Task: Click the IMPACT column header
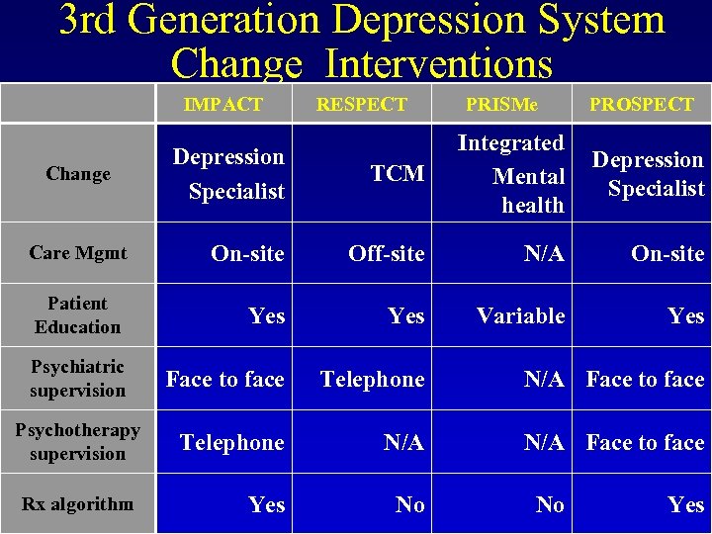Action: (x=223, y=104)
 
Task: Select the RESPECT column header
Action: (x=361, y=104)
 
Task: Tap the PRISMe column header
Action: (x=502, y=104)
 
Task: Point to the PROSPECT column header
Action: (x=642, y=104)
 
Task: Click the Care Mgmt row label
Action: (x=78, y=253)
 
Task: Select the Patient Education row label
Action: (x=77, y=315)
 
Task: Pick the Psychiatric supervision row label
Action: (x=77, y=379)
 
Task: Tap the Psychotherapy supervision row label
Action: (x=77, y=442)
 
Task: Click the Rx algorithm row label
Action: (x=77, y=504)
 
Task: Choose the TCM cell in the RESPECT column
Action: (x=397, y=174)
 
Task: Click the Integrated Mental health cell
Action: (x=511, y=174)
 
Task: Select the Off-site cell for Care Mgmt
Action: (x=386, y=254)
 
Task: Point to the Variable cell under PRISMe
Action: (x=520, y=316)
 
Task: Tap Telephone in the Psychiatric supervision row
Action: (x=372, y=380)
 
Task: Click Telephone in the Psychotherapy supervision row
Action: (x=231, y=443)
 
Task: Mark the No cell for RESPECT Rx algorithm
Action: (x=409, y=505)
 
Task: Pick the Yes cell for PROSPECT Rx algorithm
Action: (x=685, y=505)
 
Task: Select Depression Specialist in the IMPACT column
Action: (x=228, y=174)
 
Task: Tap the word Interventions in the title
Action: (x=438, y=63)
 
